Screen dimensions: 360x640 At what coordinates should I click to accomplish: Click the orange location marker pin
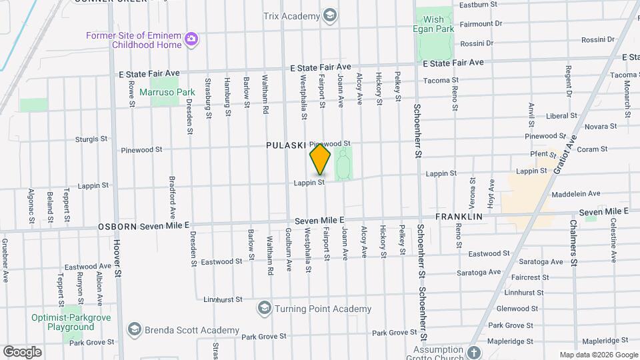320,159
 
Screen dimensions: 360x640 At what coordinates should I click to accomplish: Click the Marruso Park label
171,92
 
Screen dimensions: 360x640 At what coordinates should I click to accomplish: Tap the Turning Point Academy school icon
265,308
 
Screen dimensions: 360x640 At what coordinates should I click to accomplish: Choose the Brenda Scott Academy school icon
135,330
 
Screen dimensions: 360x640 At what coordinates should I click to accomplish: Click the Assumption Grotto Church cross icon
473,352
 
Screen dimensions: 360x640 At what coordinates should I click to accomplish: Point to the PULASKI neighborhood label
285,145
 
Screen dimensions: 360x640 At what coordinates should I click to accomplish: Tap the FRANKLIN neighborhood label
459,217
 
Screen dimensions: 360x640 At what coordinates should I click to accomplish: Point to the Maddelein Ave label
576,194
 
